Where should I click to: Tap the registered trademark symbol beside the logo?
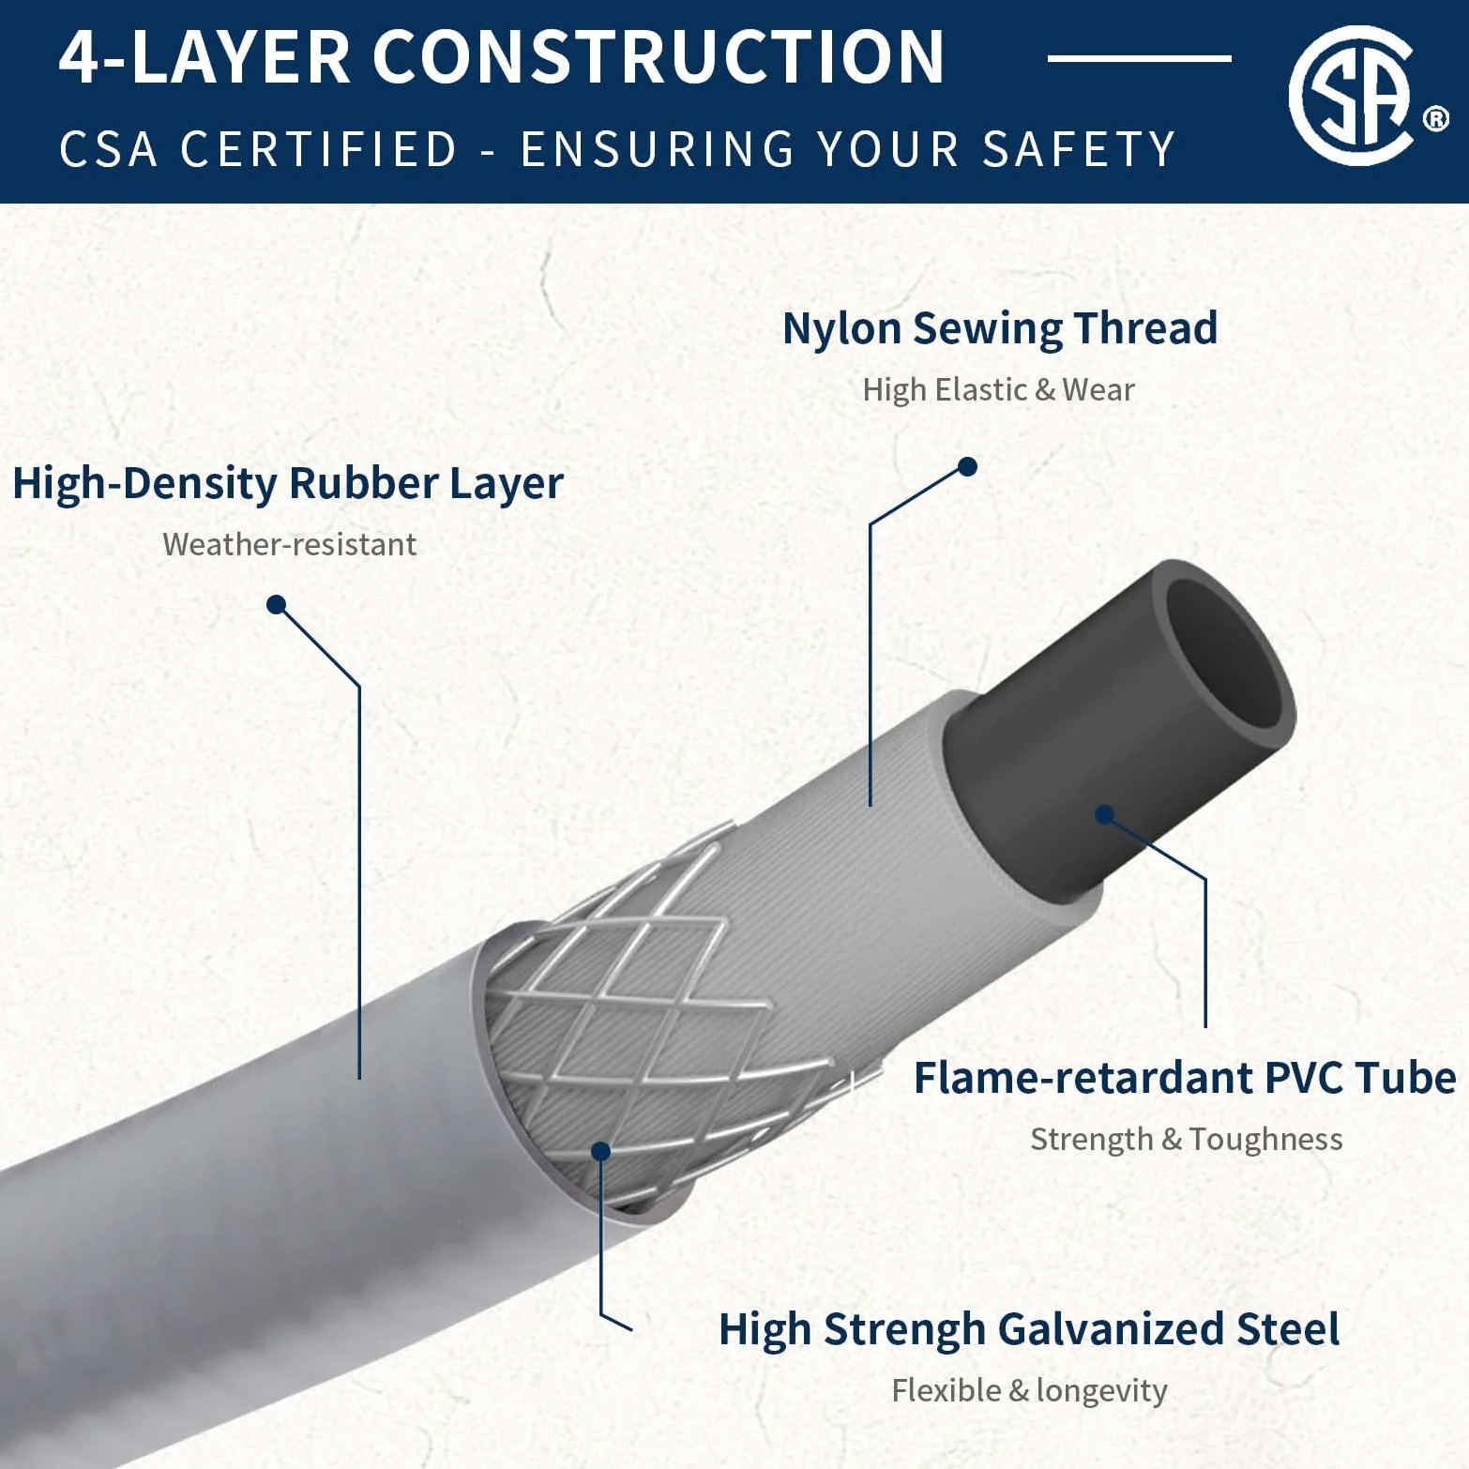(x=1436, y=119)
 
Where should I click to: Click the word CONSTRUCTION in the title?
(x=659, y=57)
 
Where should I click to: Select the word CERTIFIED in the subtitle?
(x=319, y=149)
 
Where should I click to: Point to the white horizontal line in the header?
(x=1139, y=58)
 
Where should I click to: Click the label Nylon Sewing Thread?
(x=1000, y=328)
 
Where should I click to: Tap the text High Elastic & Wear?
(x=998, y=389)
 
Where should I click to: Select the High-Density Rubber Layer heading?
(x=288, y=484)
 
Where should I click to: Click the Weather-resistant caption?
(x=290, y=544)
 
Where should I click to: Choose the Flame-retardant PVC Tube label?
(x=1185, y=1078)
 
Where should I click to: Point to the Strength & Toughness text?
(x=1186, y=1139)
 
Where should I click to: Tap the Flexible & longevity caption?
(x=1029, y=1390)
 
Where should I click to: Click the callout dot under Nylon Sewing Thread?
(x=968, y=466)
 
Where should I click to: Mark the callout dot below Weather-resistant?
(x=276, y=604)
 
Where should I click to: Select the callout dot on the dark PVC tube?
(x=1105, y=814)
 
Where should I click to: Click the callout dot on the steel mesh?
(x=601, y=1151)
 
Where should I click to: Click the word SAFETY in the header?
(x=1078, y=149)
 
